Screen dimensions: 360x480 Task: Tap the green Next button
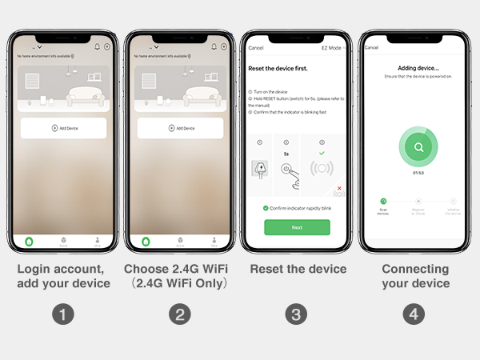coord(297,227)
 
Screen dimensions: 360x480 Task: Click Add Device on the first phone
coord(63,128)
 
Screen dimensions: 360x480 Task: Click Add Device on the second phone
coord(181,128)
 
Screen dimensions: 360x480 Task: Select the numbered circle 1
coord(63,314)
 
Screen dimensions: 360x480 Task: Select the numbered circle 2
coord(180,314)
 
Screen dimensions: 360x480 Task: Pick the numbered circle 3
coord(297,314)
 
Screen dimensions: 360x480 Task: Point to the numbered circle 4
coord(414,314)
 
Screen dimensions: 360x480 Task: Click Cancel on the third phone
coord(256,48)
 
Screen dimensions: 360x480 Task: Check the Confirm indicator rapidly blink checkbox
coord(266,208)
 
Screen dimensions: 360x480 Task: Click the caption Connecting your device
coord(415,276)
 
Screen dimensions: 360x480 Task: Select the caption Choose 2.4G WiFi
coord(180,270)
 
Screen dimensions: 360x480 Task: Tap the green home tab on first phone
coord(30,241)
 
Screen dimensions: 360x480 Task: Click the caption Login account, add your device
coord(63,276)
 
